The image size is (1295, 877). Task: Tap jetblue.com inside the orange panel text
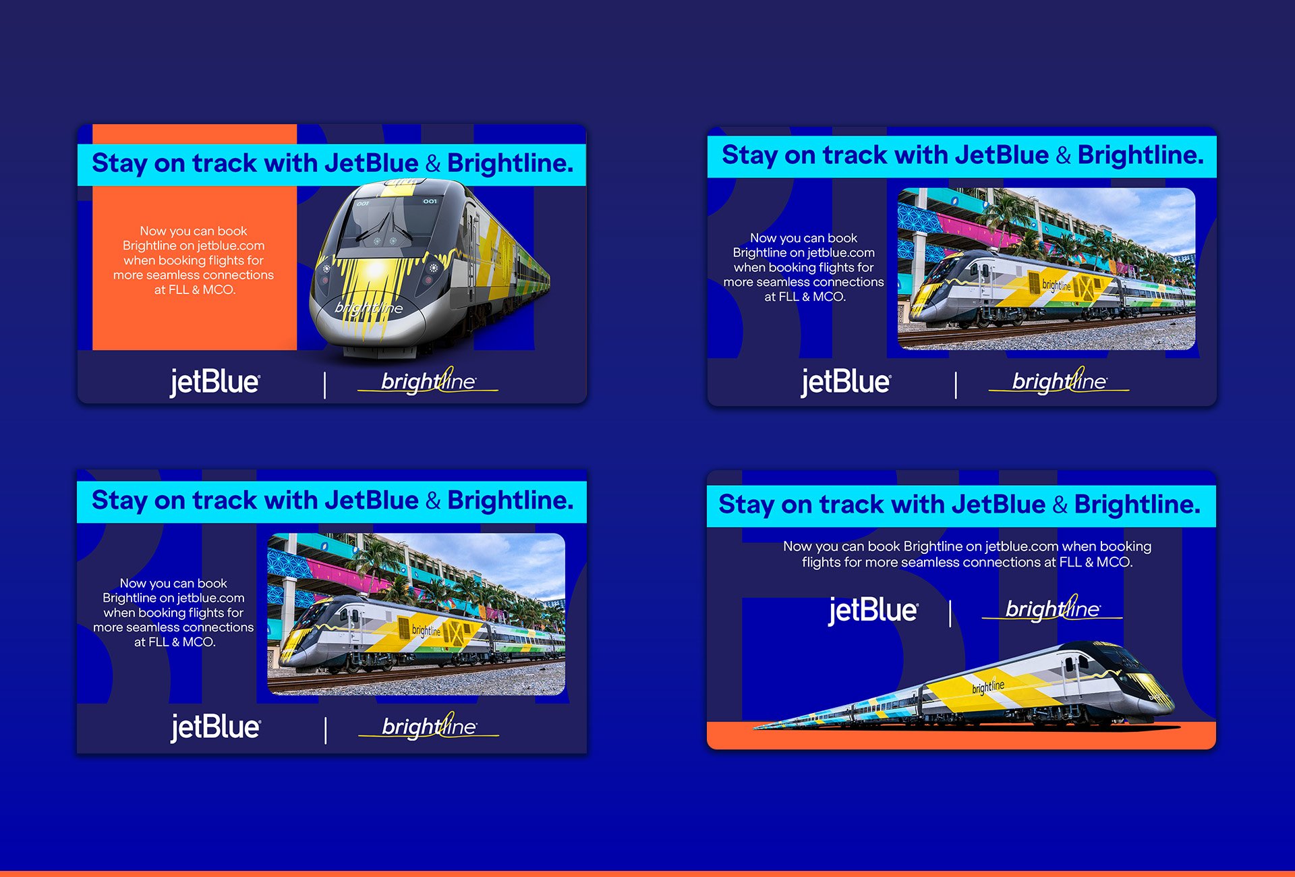pos(231,246)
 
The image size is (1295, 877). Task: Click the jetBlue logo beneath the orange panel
pos(214,383)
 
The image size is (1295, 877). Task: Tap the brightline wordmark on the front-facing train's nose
pos(369,308)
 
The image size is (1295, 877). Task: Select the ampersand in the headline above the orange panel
pos(433,164)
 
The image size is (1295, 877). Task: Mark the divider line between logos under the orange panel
pos(325,385)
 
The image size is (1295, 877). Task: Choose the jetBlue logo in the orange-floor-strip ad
pos(873,611)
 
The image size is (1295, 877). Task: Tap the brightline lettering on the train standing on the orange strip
pos(988,687)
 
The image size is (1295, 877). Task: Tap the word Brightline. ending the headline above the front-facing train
pos(510,164)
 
